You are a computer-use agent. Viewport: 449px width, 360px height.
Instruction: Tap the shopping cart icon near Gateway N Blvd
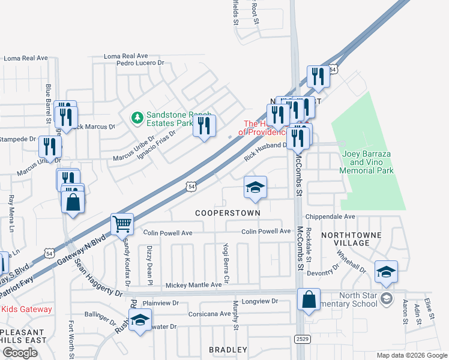(122, 225)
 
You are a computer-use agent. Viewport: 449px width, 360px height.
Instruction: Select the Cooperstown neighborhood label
(228, 213)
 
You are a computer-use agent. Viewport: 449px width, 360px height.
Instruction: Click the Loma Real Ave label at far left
(25, 58)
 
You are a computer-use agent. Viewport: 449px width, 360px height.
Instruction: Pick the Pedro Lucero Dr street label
(140, 62)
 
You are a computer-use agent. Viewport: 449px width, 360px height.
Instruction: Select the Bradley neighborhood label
(228, 349)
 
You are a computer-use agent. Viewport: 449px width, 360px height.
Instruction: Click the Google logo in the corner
(19, 353)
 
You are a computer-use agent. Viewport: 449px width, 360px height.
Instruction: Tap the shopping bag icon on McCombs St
(309, 300)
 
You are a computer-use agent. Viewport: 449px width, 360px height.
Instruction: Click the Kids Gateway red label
(26, 310)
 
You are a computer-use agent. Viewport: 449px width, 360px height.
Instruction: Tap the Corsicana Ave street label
(208, 314)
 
